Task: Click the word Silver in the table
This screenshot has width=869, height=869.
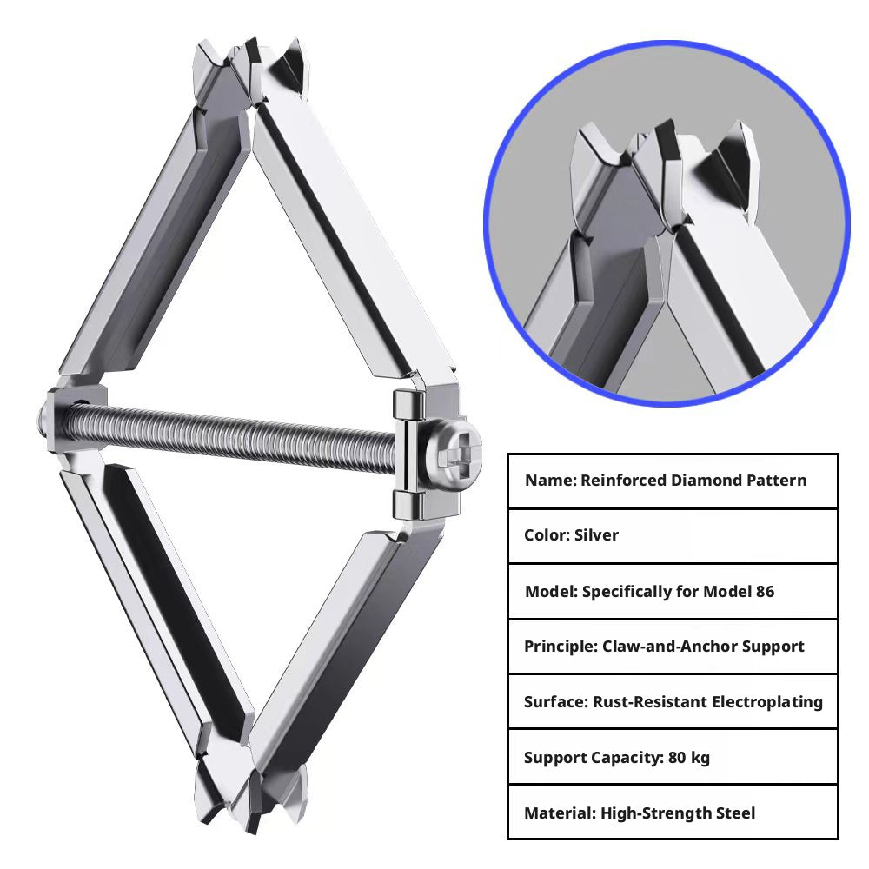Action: [x=596, y=534]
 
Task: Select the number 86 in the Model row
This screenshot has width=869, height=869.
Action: [x=765, y=591]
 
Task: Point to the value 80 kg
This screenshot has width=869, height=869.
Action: [x=689, y=758]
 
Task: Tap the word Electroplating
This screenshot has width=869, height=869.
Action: [x=767, y=702]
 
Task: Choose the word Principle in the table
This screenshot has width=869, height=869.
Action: [x=561, y=647]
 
